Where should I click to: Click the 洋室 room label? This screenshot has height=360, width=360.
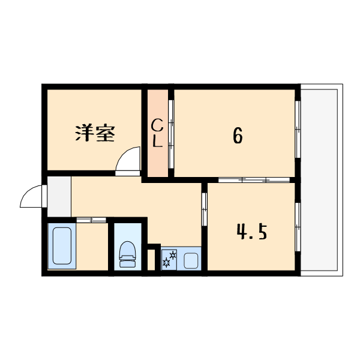click(95, 133)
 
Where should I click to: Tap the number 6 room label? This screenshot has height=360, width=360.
click(238, 137)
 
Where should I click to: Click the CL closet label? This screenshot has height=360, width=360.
click(158, 133)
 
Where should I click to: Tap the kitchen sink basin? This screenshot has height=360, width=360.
click(192, 261)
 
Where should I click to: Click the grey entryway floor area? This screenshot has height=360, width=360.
click(59, 196)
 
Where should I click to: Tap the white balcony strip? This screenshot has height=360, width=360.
click(321, 180)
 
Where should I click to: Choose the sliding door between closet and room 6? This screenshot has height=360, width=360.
click(171, 133)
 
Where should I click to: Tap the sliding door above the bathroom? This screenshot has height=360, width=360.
click(90, 219)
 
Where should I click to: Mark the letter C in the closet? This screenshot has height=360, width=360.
click(157, 125)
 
